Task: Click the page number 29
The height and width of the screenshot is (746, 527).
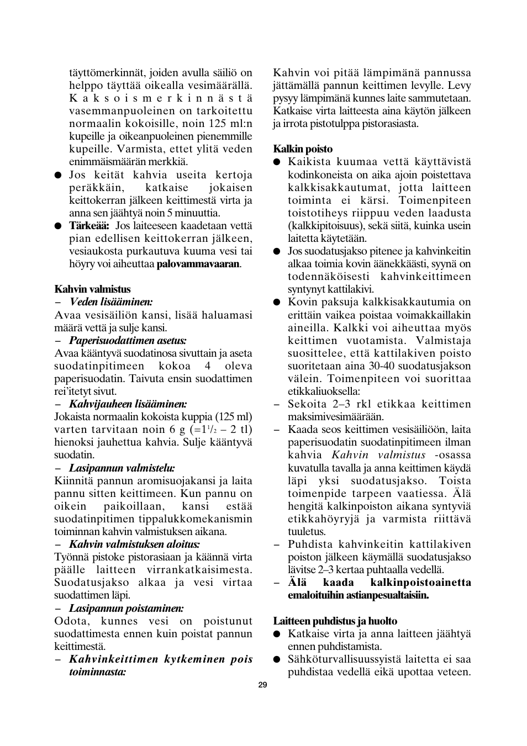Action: pos(262,685)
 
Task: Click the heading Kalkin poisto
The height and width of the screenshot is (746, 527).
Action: pos(303,149)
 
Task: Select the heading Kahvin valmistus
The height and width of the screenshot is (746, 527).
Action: pos(92,289)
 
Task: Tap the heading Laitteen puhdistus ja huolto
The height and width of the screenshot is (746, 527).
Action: pos(335,621)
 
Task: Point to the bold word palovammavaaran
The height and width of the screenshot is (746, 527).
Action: pos(198,264)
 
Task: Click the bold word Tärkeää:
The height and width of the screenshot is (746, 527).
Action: pos(89,226)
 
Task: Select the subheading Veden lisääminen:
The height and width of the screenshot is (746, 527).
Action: pos(111,302)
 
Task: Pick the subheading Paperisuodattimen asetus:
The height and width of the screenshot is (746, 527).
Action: pos(128,340)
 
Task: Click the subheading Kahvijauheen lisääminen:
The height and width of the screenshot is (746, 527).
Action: pos(128,404)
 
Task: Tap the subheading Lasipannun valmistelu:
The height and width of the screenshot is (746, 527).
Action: pos(122,468)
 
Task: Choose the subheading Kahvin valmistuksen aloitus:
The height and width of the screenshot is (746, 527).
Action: pos(134,544)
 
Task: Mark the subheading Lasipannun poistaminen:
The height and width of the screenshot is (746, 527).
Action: pos(127,609)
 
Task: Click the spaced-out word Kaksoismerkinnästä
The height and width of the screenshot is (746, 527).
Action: pos(160,98)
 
